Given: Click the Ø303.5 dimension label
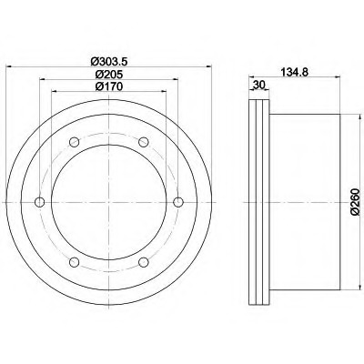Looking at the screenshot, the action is click(x=108, y=61).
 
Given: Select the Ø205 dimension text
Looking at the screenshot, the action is click(x=108, y=74).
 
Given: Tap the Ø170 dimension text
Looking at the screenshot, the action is click(x=108, y=86).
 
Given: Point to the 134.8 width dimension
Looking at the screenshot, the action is click(x=294, y=72).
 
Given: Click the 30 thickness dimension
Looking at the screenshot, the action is click(x=259, y=85).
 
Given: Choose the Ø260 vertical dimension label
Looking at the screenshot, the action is click(x=355, y=202).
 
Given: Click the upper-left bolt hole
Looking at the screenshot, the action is click(x=75, y=142).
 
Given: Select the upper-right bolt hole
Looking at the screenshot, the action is click(x=144, y=142).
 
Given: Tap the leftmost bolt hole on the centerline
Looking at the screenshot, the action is click(x=40, y=202).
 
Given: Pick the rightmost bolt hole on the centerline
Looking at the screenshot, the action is click(x=178, y=202).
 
